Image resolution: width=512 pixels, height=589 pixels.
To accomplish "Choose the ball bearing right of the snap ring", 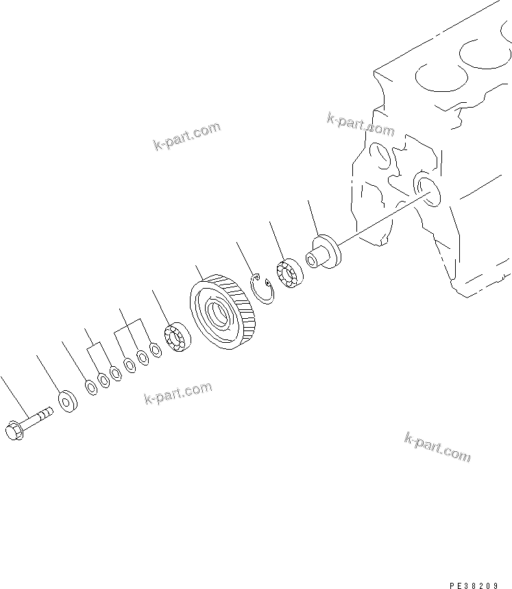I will (x=290, y=273).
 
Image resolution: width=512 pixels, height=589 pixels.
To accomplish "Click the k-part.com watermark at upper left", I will (x=186, y=136).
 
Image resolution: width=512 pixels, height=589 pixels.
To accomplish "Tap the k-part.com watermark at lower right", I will (x=437, y=447).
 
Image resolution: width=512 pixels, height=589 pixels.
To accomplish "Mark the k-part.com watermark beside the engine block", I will (x=361, y=125).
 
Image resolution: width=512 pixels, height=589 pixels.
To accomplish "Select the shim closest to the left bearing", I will (x=156, y=350).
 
